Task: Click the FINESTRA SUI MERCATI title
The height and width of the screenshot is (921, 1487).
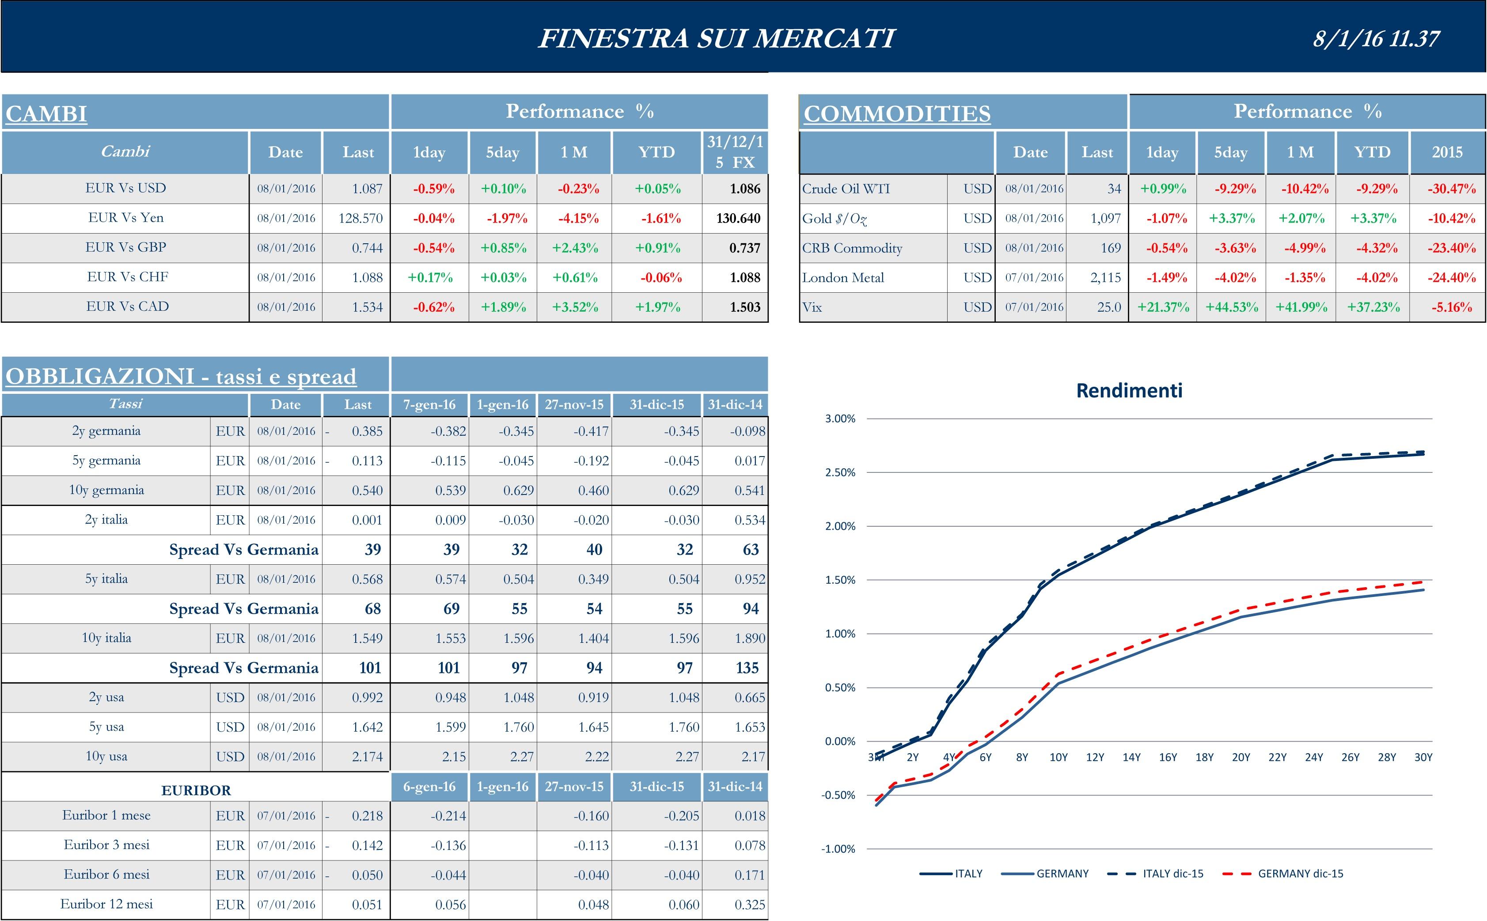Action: pyautogui.click(x=717, y=38)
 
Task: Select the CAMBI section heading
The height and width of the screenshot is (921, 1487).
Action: pyautogui.click(x=46, y=114)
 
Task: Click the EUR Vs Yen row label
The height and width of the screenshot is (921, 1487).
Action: pyautogui.click(x=125, y=218)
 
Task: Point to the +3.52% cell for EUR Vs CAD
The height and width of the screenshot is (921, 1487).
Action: pyautogui.click(x=575, y=307)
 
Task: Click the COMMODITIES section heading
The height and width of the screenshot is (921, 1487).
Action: pyautogui.click(x=896, y=114)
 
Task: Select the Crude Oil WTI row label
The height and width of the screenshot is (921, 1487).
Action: pyautogui.click(x=846, y=189)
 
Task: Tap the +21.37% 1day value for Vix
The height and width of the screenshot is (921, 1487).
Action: pyautogui.click(x=1163, y=307)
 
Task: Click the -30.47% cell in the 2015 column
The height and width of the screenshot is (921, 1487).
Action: pyautogui.click(x=1451, y=189)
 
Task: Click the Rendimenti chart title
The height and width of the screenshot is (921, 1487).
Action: pyautogui.click(x=1129, y=390)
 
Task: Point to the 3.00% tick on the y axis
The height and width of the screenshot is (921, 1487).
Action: pyautogui.click(x=840, y=419)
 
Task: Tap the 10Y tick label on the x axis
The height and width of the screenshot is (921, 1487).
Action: pyautogui.click(x=1058, y=757)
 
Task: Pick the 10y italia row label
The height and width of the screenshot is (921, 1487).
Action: pyautogui.click(x=106, y=638)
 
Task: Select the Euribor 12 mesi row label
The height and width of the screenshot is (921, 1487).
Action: pyautogui.click(x=106, y=904)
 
